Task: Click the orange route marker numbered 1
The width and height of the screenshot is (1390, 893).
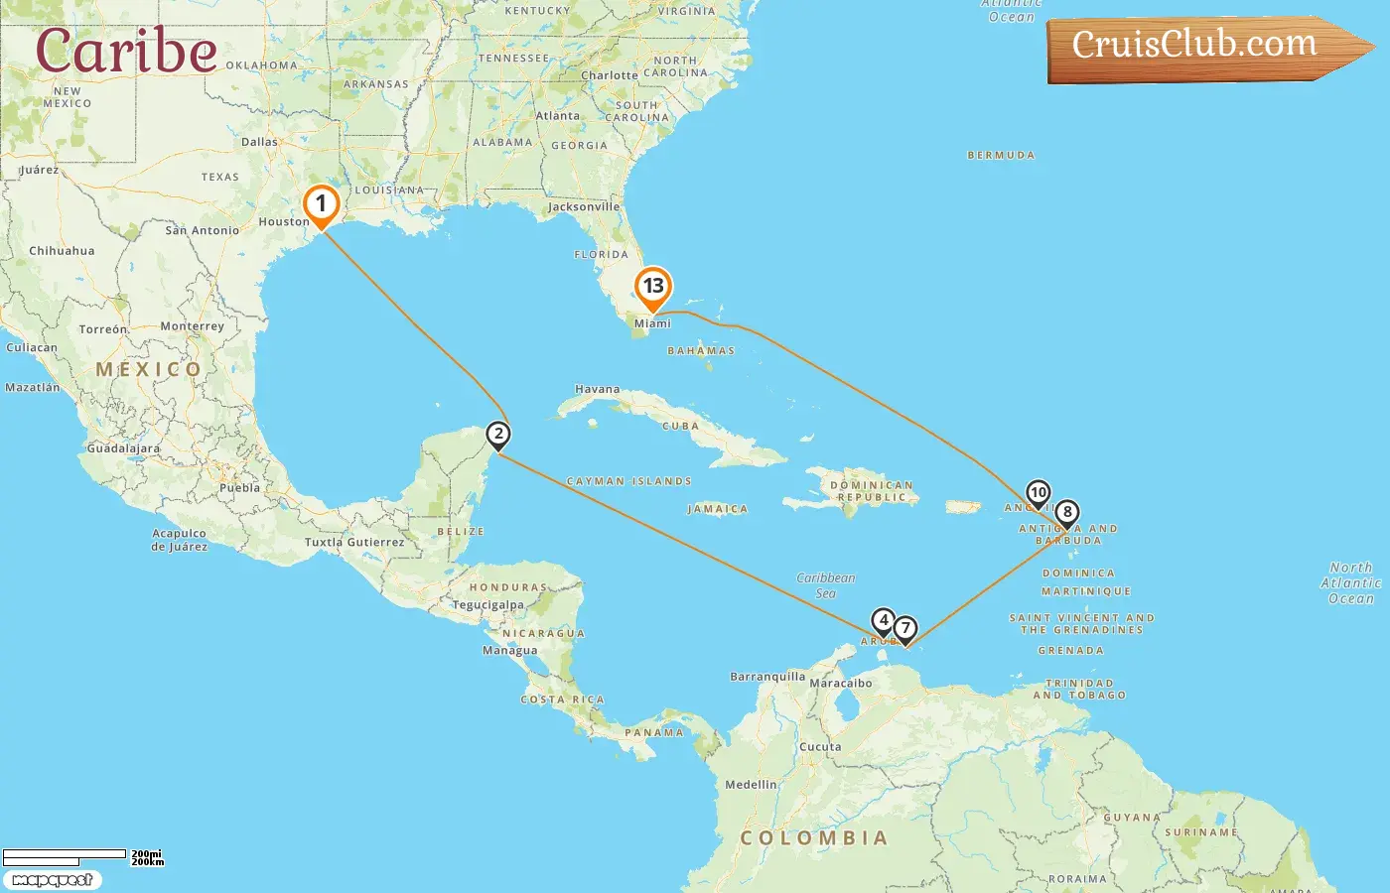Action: (321, 205)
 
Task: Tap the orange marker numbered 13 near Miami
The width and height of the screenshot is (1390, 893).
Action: (652, 287)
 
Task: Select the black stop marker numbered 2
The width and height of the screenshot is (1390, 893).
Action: (498, 435)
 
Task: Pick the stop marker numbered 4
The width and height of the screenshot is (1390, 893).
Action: (883, 621)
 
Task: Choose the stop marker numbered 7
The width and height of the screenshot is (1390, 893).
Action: (904, 628)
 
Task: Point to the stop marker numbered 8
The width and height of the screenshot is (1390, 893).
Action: (1066, 513)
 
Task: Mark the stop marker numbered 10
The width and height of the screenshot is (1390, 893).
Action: (1038, 493)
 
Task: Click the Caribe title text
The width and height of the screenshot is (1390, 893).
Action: (126, 51)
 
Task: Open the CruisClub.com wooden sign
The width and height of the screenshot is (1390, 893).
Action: (1201, 46)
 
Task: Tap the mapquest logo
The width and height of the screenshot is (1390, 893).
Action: (52, 880)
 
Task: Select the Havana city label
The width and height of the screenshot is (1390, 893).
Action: (597, 389)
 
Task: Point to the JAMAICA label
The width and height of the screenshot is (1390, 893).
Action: (717, 509)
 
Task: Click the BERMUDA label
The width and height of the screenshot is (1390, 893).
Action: (1001, 155)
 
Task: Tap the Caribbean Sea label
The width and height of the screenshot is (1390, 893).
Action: (825, 585)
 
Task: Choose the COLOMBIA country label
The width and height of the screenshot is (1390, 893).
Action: (813, 838)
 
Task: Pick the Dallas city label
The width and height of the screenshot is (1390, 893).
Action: (259, 142)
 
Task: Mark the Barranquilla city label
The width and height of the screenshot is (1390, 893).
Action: (767, 677)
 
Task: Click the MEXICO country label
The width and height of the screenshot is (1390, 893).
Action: (148, 369)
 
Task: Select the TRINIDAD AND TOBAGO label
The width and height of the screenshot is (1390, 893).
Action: (1079, 689)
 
